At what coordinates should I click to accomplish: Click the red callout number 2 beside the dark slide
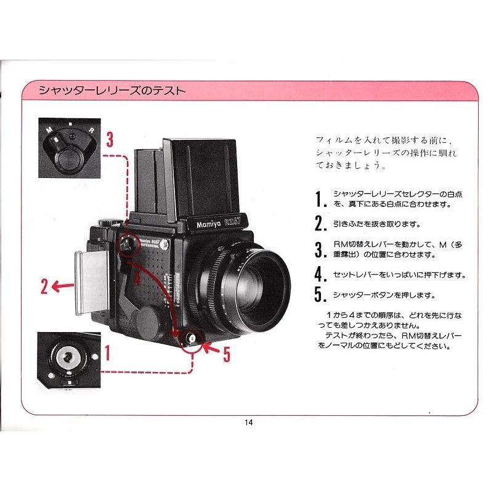[44, 286]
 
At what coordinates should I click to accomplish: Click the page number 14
[248, 423]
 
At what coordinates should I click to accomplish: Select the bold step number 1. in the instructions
[319, 198]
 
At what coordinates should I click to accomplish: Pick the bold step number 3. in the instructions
[319, 250]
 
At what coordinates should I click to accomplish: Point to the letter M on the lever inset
[49, 131]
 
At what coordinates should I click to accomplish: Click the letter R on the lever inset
[91, 131]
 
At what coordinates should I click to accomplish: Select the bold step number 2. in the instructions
[319, 224]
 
